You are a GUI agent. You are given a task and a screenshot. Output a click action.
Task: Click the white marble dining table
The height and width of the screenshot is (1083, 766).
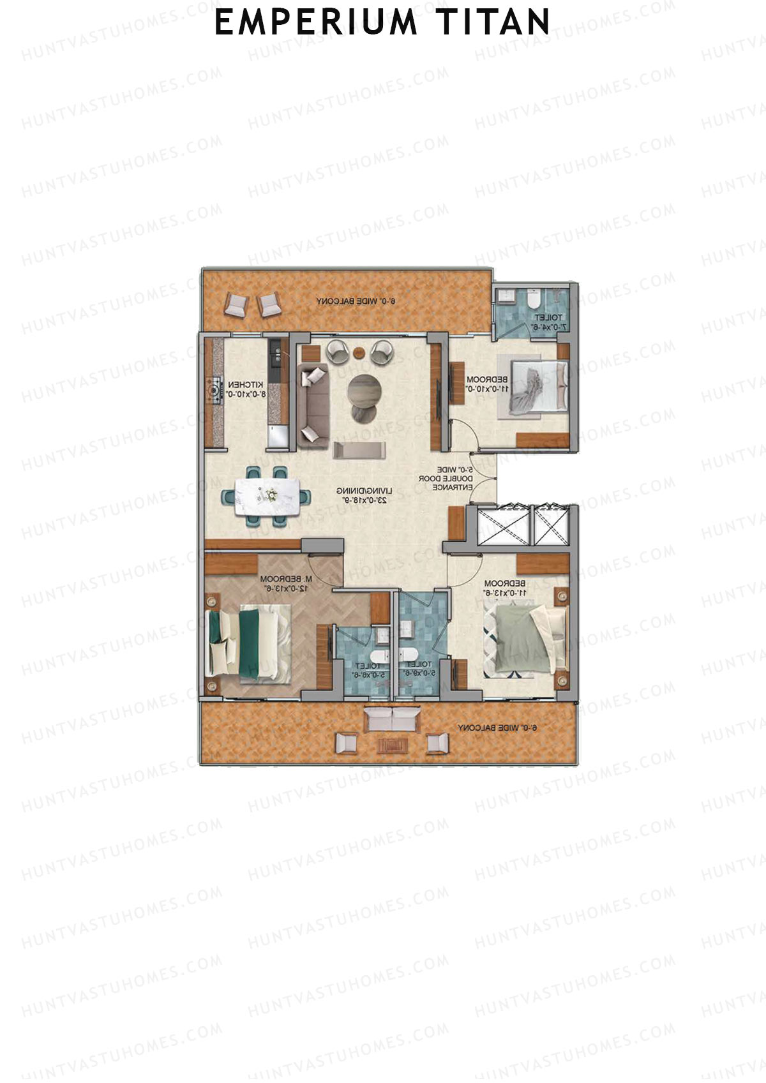tap(267, 496)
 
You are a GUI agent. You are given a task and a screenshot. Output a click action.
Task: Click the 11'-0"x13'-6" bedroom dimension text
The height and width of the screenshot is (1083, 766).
tap(503, 592)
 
